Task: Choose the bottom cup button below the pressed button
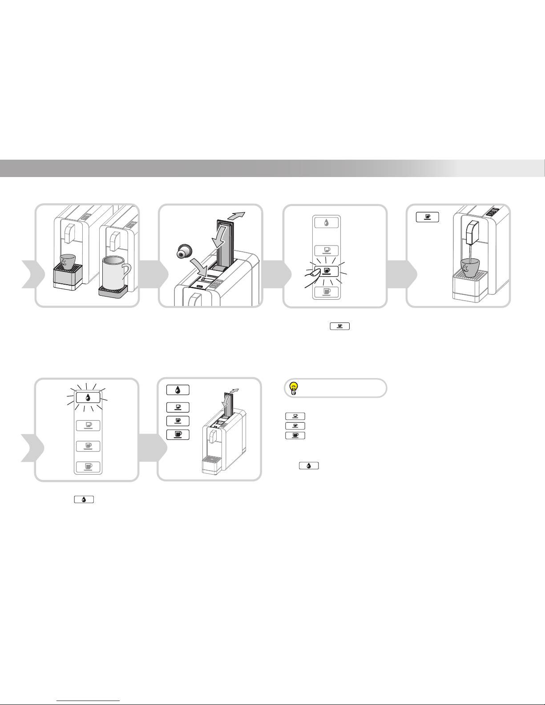coord(327,291)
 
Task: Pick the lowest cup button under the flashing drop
coord(88,467)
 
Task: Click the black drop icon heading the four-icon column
coord(178,390)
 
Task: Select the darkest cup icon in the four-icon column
coord(178,435)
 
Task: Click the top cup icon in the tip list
coord(295,416)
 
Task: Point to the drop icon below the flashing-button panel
coord(83,500)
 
